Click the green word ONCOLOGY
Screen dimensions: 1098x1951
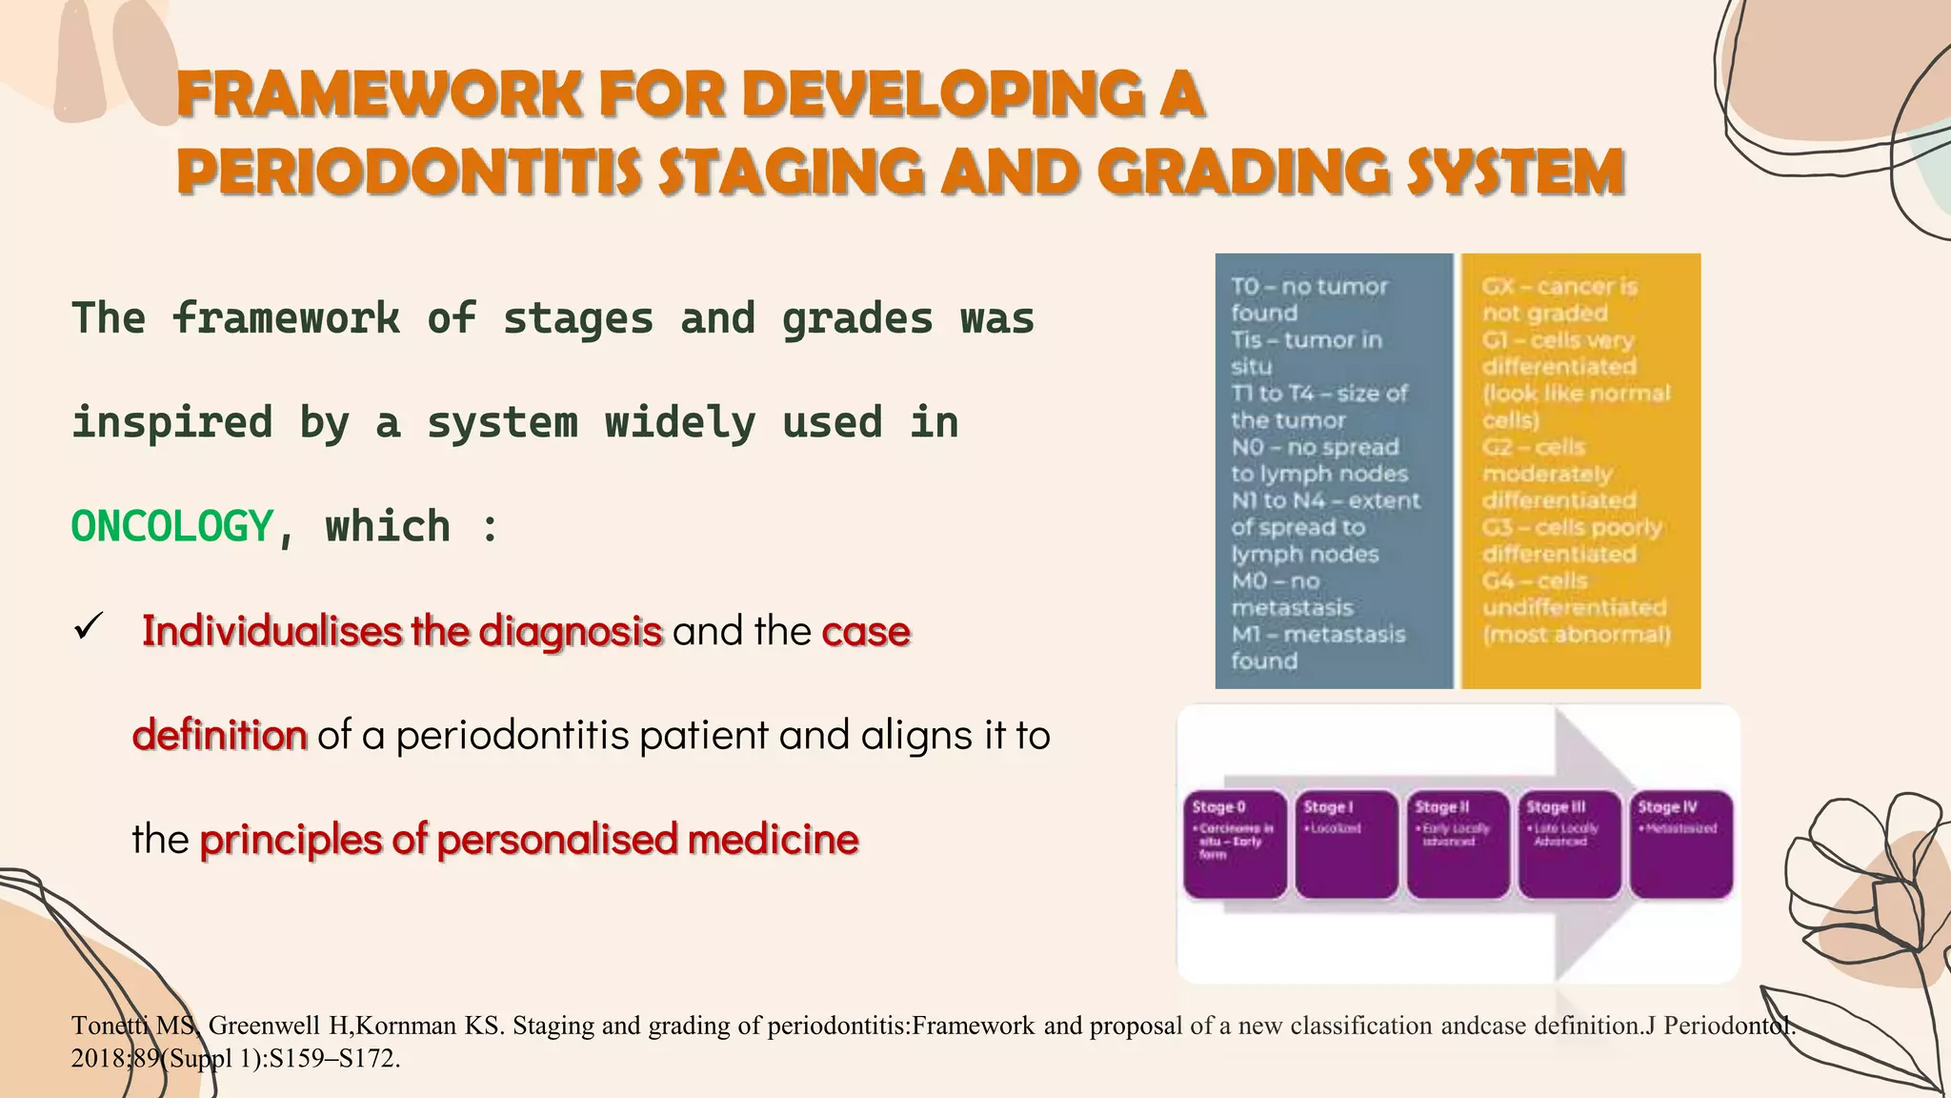coord(172,527)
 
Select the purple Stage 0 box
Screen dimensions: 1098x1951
coord(1235,844)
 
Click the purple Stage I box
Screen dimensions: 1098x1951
coord(1346,844)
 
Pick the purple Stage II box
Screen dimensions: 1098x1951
coord(1458,844)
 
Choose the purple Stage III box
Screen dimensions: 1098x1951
coord(1569,844)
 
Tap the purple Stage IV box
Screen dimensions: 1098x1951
coord(1680,844)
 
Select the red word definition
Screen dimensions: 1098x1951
coord(220,735)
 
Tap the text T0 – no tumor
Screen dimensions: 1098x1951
coord(1309,286)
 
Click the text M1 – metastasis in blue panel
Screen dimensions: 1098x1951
coord(1317,634)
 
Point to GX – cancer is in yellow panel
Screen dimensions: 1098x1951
coord(1559,286)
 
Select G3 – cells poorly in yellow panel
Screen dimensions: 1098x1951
coord(1571,527)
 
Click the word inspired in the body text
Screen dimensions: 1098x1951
coord(172,422)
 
